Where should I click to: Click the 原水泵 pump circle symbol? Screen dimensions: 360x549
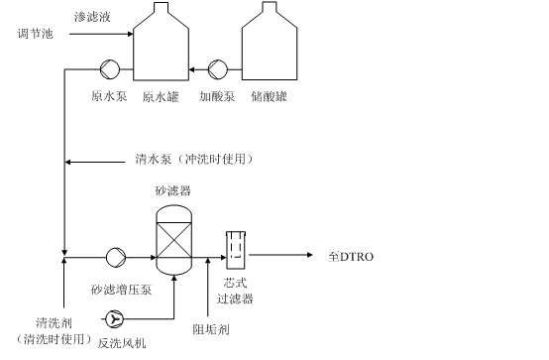tap(110, 69)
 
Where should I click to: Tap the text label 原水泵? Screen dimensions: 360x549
tap(109, 96)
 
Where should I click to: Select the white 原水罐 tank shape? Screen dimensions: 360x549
tap(161, 50)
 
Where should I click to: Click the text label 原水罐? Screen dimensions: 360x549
tap(161, 97)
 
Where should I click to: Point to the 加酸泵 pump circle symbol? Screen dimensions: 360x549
tap(218, 69)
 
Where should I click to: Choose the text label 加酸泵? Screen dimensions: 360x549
tap(217, 96)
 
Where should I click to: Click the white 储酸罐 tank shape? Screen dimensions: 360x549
tap(270, 50)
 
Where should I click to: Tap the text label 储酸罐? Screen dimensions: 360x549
tap(269, 96)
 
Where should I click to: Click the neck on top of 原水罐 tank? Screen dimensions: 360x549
tap(161, 8)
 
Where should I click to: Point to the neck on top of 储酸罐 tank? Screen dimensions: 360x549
tap(270, 8)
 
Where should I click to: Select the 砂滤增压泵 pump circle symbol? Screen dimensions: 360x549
tap(116, 258)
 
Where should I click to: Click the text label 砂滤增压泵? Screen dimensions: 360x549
tap(121, 290)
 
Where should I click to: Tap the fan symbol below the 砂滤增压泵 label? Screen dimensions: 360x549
tap(114, 319)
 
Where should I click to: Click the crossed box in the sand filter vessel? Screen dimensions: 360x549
tap(174, 240)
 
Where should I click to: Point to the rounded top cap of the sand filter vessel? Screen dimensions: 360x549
tap(174, 213)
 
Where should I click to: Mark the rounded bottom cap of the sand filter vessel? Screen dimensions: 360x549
tap(174, 267)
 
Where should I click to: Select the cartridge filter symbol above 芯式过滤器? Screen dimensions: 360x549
tap(235, 250)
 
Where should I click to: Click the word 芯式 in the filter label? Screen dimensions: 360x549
tap(235, 283)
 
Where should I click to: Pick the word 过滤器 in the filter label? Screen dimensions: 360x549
tap(235, 298)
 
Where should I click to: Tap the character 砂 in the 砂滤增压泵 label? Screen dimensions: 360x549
tap(96, 290)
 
